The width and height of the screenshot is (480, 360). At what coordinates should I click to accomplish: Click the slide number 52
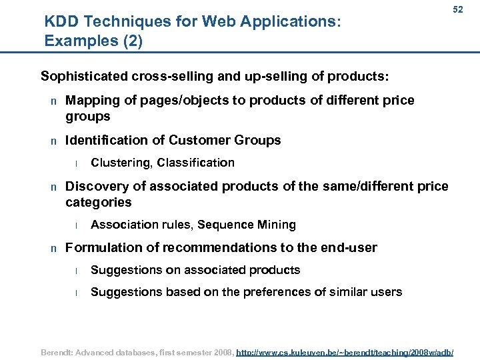458,10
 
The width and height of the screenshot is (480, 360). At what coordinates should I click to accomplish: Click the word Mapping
93,101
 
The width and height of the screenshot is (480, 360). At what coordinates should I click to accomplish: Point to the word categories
99,203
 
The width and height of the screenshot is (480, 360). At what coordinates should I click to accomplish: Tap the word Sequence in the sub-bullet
219,225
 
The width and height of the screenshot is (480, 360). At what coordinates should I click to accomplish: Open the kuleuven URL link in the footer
345,351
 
